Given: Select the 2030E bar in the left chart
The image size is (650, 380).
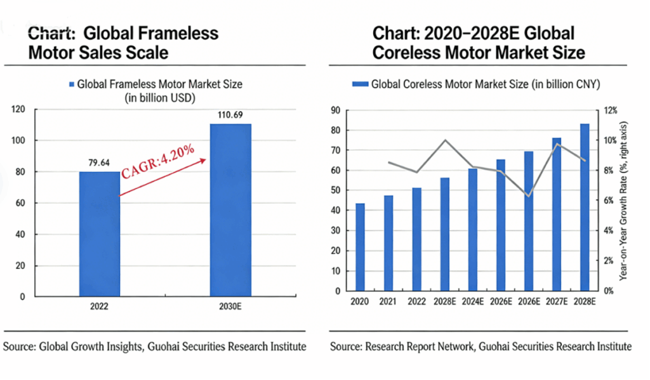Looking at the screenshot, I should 230,209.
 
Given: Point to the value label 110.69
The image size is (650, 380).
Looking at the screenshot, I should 230,115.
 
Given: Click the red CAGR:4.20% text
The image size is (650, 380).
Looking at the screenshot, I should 158,162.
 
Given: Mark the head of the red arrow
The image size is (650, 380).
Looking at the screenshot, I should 205,160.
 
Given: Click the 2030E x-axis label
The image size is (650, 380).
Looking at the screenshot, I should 230,306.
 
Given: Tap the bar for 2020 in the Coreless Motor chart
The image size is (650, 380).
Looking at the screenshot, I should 360,247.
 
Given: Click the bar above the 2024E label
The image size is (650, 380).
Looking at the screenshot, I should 473,229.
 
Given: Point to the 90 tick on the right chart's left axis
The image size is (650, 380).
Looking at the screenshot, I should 335,110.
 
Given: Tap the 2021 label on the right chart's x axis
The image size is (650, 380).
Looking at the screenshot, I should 388,302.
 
